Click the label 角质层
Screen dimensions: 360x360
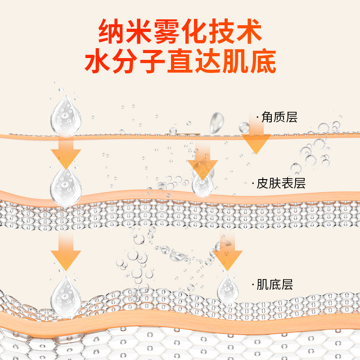(x=279, y=118)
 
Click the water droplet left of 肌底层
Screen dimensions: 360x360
(x=227, y=288)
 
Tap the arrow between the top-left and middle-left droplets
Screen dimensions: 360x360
(x=66, y=152)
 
